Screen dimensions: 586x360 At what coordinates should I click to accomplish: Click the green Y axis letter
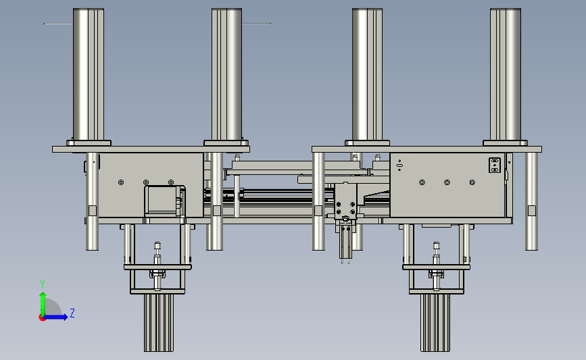click(43, 284)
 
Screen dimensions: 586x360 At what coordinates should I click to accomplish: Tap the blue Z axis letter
click(72, 313)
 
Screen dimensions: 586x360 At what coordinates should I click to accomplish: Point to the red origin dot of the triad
click(42, 318)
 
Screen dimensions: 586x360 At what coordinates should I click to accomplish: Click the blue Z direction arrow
click(56, 317)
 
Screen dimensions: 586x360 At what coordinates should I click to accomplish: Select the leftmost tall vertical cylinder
click(88, 74)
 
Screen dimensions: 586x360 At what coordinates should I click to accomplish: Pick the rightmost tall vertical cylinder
click(506, 74)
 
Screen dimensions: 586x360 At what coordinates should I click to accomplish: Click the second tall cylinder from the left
click(226, 74)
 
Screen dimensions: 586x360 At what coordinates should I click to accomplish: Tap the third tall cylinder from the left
click(367, 74)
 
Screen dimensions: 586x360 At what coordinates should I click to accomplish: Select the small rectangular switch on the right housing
click(495, 165)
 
